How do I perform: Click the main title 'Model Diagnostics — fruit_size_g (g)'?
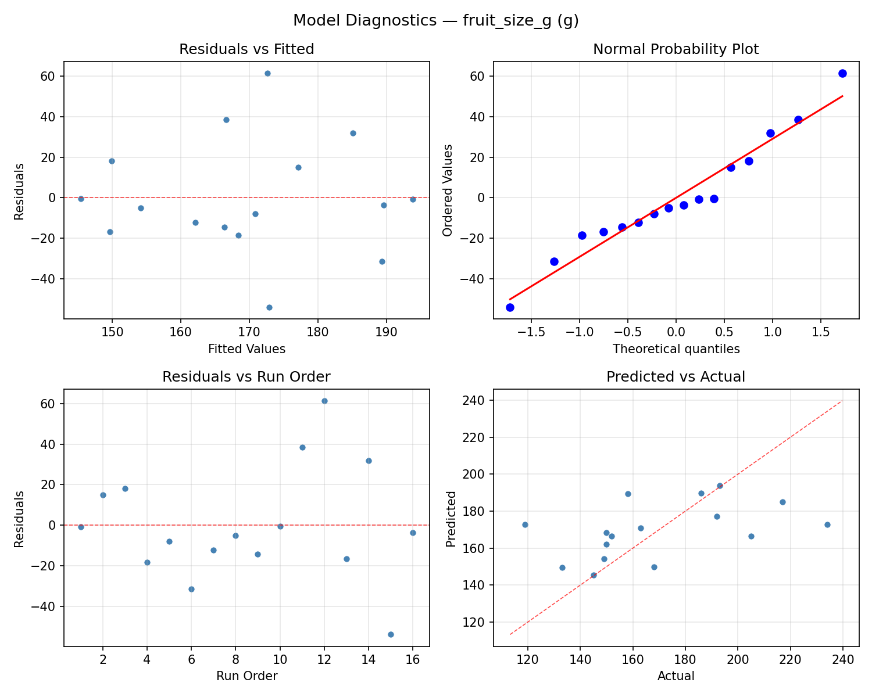[435, 21]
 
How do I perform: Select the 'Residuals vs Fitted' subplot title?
[246, 49]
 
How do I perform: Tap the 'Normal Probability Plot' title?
[676, 49]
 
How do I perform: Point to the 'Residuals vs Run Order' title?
[246, 377]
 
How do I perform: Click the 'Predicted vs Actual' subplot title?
[676, 377]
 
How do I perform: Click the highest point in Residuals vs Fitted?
[267, 73]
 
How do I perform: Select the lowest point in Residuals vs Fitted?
[269, 307]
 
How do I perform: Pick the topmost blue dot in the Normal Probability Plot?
[842, 73]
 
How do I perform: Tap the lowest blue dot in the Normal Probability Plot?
[510, 307]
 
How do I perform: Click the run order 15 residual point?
[391, 634]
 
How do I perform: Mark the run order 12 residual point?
[324, 401]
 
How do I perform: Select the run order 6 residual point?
[191, 589]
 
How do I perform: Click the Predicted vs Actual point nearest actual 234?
[827, 524]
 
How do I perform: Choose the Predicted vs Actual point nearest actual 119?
[525, 524]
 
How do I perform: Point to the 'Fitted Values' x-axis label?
[246, 349]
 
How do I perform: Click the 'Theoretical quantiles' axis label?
[676, 349]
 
